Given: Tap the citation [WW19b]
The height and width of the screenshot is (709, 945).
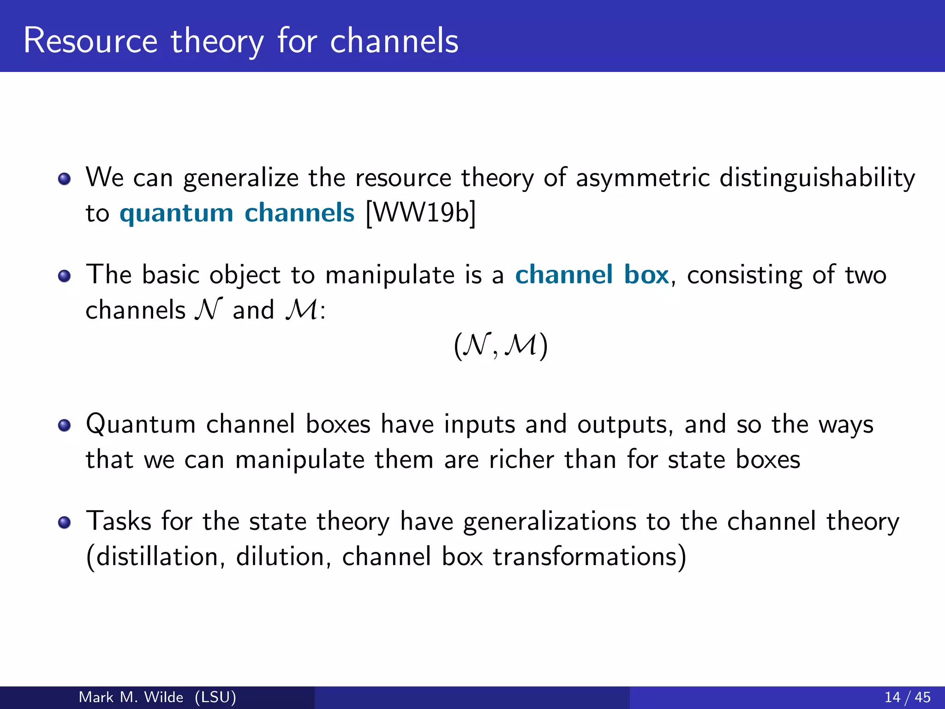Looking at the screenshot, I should click(x=420, y=213).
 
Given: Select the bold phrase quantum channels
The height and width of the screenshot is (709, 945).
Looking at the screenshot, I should click(x=237, y=213).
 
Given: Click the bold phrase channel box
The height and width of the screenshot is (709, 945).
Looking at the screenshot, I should click(x=592, y=275).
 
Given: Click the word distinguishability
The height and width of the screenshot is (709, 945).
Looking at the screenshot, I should click(x=817, y=178).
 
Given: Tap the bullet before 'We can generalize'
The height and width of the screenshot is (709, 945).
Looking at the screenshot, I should click(x=65, y=179).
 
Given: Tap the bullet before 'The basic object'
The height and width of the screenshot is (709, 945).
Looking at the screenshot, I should click(x=65, y=276).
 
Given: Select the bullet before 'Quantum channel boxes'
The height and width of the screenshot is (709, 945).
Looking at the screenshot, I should click(x=65, y=425).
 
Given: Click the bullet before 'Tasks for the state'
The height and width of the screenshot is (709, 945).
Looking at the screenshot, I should click(x=65, y=522).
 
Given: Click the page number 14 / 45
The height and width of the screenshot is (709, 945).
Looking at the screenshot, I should click(x=907, y=697).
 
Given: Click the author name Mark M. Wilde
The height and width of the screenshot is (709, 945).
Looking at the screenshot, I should click(x=131, y=697).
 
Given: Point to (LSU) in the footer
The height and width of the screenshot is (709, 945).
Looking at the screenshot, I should click(x=215, y=697).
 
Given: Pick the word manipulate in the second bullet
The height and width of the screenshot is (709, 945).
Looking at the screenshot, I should click(x=390, y=276).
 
